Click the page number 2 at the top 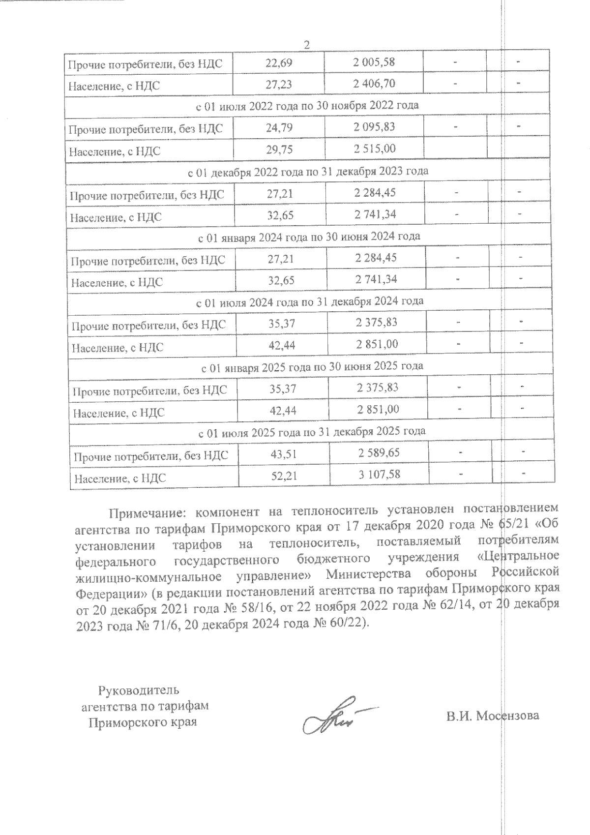[307, 45]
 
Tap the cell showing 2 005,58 [374, 62]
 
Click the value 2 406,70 [374, 84]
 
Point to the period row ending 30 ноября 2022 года [307, 105]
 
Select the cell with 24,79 [279, 127]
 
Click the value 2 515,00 [375, 149]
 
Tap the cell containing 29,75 [279, 149]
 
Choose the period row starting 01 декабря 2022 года [308, 171]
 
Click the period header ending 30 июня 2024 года [309, 237]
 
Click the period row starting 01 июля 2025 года [312, 431]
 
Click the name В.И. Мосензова [492, 715]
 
